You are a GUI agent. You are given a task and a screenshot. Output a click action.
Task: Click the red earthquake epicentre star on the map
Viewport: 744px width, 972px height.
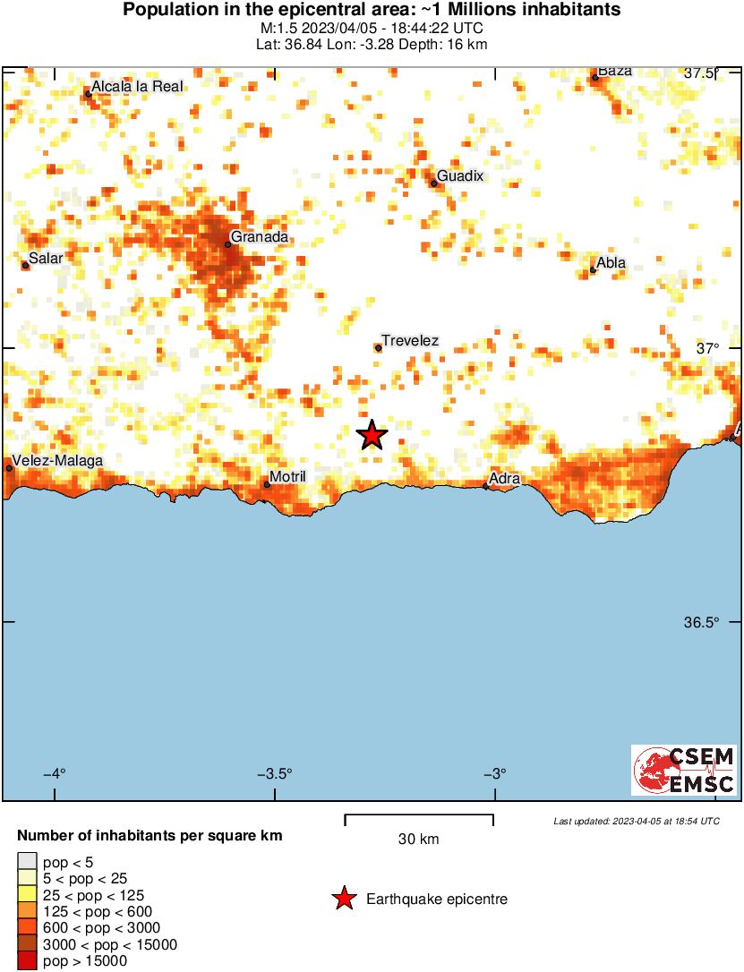click(372, 435)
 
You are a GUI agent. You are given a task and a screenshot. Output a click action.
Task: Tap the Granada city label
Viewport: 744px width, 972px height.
click(260, 237)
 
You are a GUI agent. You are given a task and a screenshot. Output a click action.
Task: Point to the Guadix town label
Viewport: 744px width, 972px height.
click(460, 176)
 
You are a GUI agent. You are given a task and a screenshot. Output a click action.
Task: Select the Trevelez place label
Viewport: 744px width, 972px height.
click(410, 341)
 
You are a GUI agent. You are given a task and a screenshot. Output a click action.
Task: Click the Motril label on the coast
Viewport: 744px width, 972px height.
click(287, 477)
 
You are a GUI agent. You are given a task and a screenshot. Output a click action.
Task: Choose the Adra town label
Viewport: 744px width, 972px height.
click(505, 479)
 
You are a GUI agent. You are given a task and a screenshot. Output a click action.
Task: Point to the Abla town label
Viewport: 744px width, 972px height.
click(611, 263)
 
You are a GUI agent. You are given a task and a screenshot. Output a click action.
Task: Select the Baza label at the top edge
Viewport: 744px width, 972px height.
click(615, 71)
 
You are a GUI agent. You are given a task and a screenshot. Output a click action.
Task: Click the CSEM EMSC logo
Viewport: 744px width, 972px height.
click(685, 770)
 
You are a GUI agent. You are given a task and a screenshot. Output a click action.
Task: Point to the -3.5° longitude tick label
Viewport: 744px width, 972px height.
click(276, 774)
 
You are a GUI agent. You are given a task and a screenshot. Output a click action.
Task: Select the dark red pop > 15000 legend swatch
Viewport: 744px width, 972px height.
click(27, 961)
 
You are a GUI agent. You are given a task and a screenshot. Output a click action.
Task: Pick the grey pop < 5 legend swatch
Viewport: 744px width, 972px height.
click(27, 862)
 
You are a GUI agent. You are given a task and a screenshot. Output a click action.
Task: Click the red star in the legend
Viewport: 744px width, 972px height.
click(344, 899)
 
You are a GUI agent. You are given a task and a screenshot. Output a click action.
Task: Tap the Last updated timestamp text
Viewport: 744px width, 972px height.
click(636, 821)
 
